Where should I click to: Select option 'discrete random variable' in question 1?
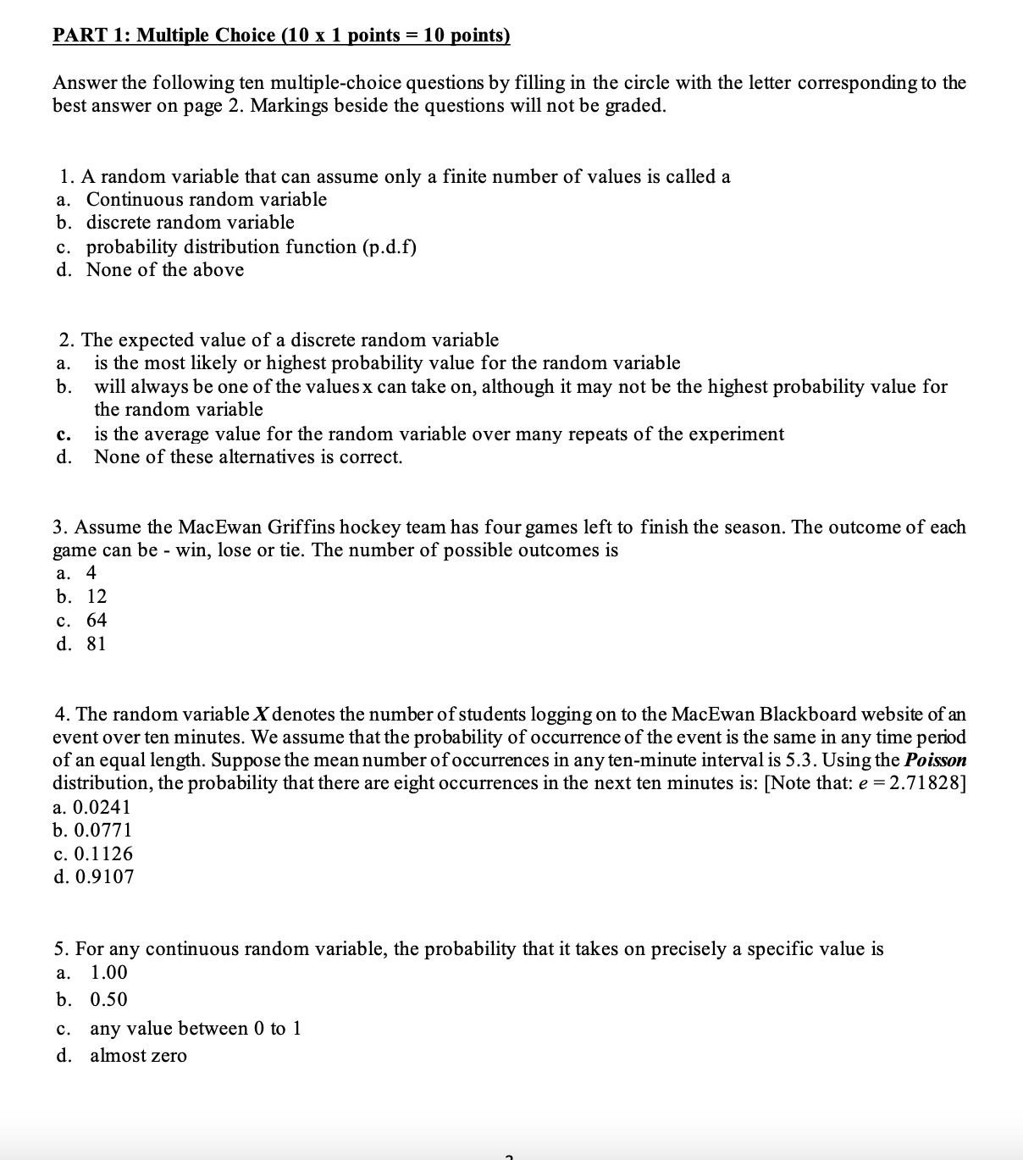click(x=190, y=223)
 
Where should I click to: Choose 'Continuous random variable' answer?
click(x=206, y=200)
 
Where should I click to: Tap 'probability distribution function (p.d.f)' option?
click(x=251, y=246)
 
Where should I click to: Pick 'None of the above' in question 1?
click(x=164, y=270)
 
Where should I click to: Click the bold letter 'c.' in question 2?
click(x=63, y=434)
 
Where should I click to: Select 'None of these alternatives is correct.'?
click(x=248, y=457)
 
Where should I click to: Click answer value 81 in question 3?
click(x=97, y=644)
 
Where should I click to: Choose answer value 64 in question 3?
click(x=97, y=620)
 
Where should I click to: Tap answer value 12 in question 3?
click(x=97, y=596)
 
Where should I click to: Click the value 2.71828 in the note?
click(x=922, y=782)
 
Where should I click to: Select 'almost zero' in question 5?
click(x=138, y=1056)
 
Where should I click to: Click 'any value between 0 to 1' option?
click(x=195, y=1029)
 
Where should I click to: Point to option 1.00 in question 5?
click(x=108, y=973)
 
